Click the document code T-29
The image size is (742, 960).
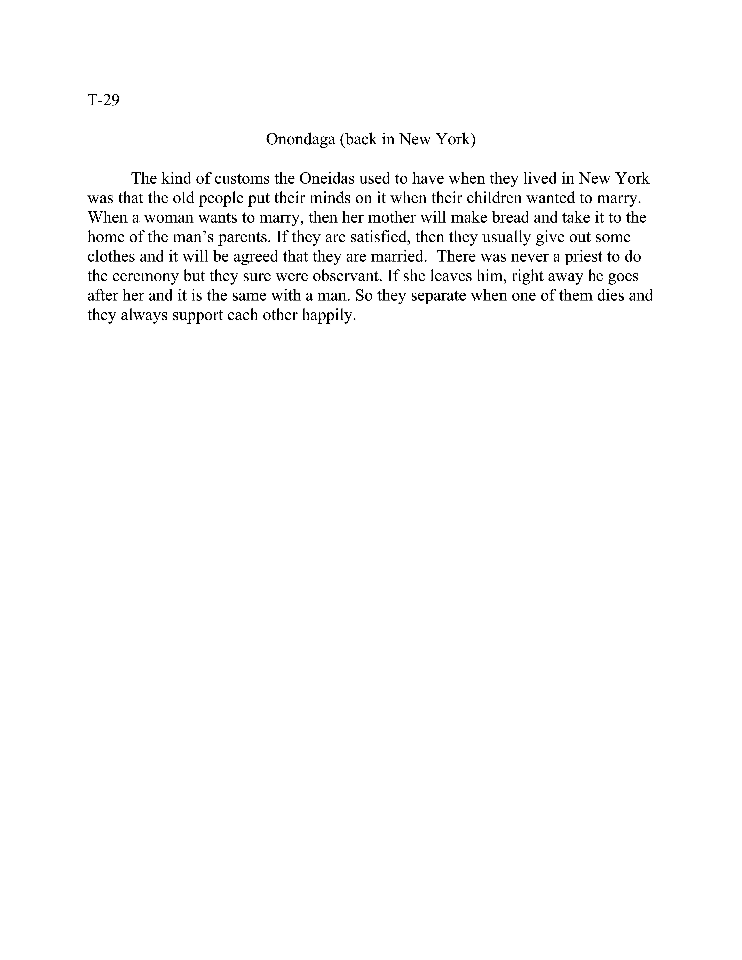point(103,101)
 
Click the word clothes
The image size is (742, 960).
point(111,257)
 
